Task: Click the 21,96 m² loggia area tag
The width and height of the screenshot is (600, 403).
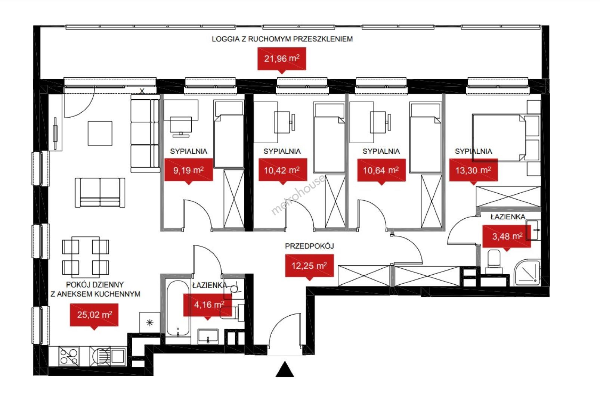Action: coord(282,59)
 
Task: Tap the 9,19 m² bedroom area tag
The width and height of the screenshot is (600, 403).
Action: coord(189,170)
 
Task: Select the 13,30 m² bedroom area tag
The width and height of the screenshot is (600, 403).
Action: coord(473,170)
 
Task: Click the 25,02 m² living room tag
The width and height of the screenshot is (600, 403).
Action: coord(94,315)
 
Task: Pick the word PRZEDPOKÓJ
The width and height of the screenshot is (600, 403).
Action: coord(309,246)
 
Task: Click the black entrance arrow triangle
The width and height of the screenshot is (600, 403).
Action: coord(285,369)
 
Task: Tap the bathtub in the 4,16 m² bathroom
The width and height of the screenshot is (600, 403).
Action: coord(178,308)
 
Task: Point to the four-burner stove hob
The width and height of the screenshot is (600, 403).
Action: coord(69,356)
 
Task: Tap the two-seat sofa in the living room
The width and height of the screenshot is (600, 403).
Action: coord(100,193)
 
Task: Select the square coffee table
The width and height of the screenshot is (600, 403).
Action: coord(100,134)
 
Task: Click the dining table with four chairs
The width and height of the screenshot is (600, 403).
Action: coord(86,257)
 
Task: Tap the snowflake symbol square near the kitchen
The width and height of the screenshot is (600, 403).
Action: coord(150,322)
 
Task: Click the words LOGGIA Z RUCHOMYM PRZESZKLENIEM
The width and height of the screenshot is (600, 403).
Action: coord(282,39)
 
